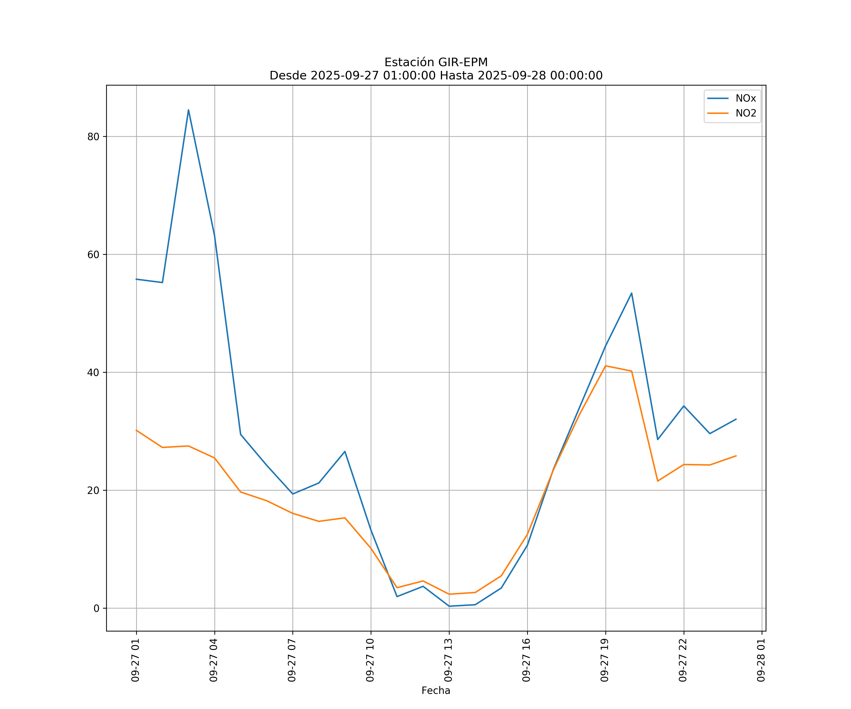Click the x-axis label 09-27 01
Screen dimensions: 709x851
[135, 660]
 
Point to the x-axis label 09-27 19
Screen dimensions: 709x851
[605, 660]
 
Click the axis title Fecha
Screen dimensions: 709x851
[436, 690]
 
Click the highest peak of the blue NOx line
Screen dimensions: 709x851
[188, 110]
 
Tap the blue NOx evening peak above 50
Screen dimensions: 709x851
[631, 293]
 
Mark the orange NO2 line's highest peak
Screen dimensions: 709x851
[605, 366]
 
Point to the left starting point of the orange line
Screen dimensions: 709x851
[137, 430]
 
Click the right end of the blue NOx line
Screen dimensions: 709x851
[736, 419]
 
